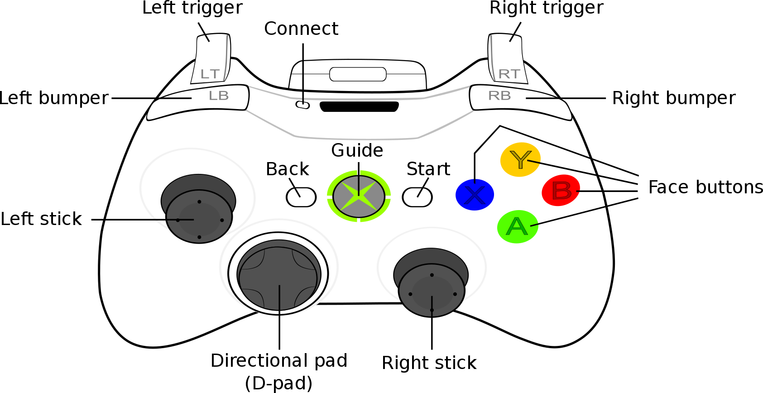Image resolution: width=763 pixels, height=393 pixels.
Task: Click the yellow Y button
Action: click(520, 159)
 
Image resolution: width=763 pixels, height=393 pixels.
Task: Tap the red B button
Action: click(561, 190)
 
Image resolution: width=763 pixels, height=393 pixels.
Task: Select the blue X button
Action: click(475, 195)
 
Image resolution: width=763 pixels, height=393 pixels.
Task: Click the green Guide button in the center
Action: click(359, 196)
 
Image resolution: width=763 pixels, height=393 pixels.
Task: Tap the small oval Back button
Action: click(301, 197)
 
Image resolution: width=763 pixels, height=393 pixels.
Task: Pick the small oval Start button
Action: click(417, 197)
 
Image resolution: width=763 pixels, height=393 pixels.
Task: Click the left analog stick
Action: click(199, 216)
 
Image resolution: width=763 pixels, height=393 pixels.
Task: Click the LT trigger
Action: click(211, 61)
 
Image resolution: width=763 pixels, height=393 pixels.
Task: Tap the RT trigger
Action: click(508, 61)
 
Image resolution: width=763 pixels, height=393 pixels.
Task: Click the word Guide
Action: click(357, 150)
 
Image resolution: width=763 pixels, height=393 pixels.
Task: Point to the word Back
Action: click(287, 169)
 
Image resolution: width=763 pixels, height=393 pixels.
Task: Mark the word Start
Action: click(428, 169)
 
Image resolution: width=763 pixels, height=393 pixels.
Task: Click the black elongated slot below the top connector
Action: click(359, 107)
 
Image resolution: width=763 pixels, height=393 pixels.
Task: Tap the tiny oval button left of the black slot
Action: click(302, 105)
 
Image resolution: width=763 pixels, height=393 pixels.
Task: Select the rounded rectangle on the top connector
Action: click(358, 74)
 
